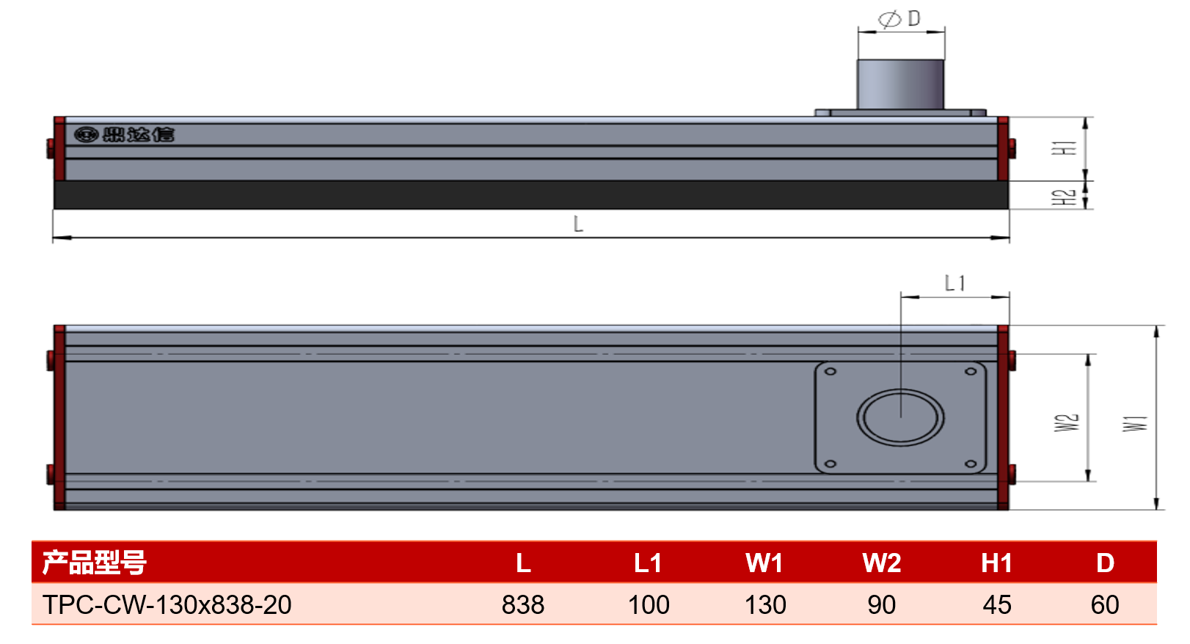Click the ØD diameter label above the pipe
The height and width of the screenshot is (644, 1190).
[x=899, y=18]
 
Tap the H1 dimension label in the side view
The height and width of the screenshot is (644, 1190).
[x=1064, y=148]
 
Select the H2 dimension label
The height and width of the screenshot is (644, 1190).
[x=1064, y=197]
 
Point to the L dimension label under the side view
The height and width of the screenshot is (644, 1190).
[x=579, y=224]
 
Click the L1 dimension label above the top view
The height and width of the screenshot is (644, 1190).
[x=954, y=284]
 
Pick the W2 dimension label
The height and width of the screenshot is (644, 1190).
[x=1067, y=422]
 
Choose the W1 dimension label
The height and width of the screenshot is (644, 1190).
[x=1135, y=424]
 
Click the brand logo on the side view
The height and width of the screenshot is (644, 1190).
[x=124, y=134]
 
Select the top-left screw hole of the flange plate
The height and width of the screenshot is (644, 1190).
[x=831, y=371]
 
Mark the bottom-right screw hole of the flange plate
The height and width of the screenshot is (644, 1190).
[x=971, y=464]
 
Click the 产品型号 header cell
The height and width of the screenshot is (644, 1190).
[x=94, y=563]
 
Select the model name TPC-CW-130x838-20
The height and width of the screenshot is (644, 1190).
[x=167, y=604]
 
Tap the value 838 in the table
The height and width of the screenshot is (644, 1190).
[x=523, y=604]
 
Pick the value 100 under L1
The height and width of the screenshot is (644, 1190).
[x=648, y=604]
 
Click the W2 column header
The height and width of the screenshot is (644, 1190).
[x=881, y=563]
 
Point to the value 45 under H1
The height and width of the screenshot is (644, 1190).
[x=996, y=604]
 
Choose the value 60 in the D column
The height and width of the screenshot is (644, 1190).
[x=1105, y=604]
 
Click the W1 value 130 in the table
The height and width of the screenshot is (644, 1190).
[x=765, y=604]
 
